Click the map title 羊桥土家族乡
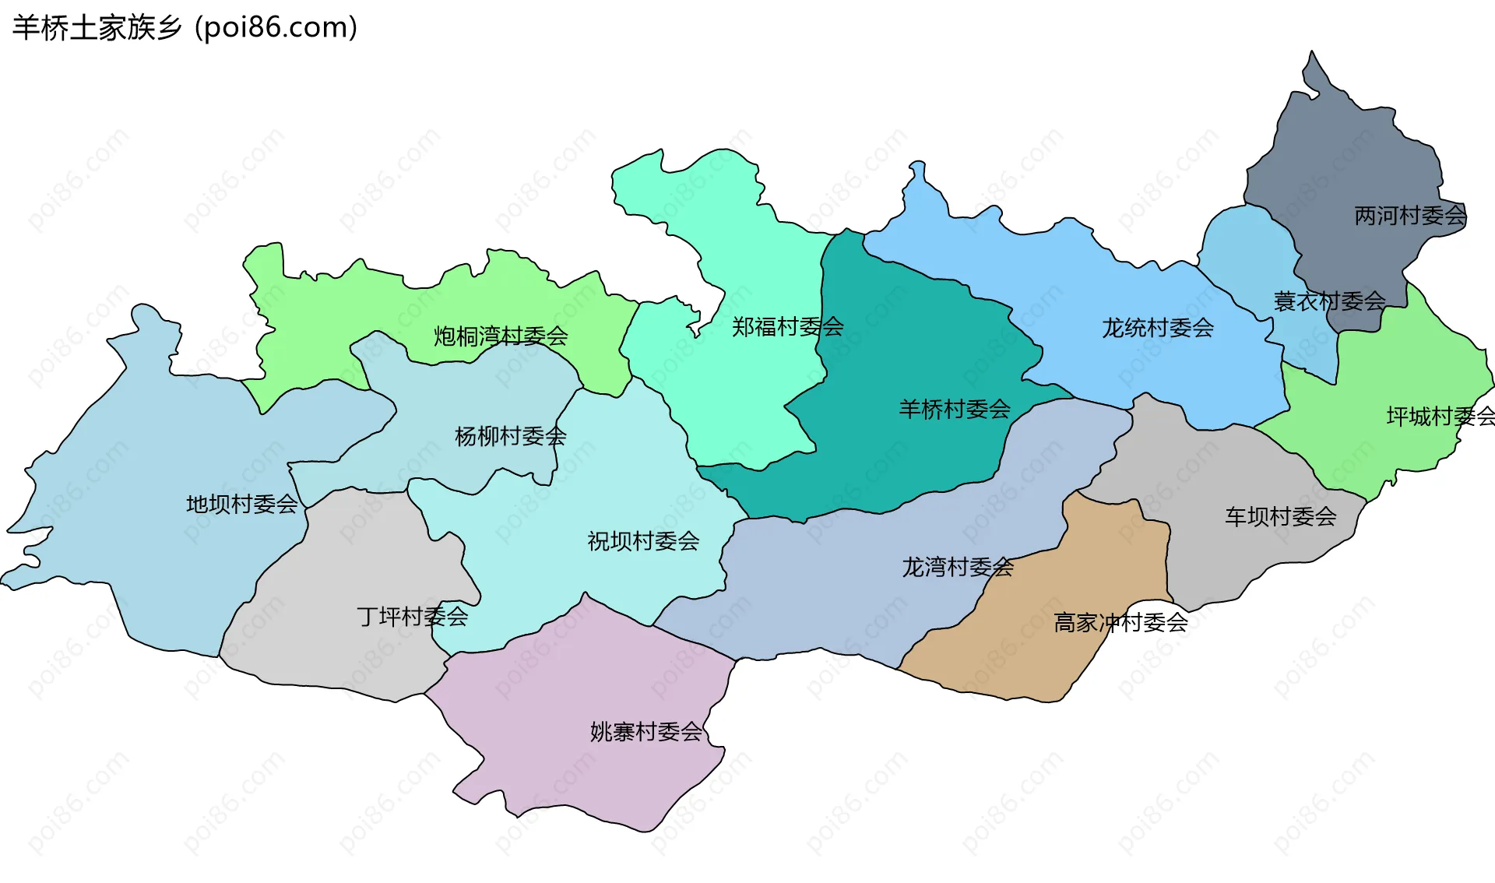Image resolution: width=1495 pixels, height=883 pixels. pyautogui.click(x=97, y=28)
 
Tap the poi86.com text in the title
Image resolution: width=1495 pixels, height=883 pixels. pyautogui.click(x=276, y=28)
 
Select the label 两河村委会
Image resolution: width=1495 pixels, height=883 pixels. pyautogui.click(x=1410, y=216)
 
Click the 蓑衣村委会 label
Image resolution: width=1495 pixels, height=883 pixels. pyautogui.click(x=1329, y=301)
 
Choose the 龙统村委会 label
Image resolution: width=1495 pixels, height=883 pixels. pyautogui.click(x=1158, y=328)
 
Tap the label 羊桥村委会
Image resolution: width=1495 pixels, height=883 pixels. pyautogui.click(x=955, y=409)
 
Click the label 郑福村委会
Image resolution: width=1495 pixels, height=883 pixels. pyautogui.click(x=788, y=327)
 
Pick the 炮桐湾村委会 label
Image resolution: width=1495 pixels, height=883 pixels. pyautogui.click(x=501, y=336)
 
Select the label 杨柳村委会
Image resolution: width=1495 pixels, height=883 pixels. pyautogui.click(x=510, y=436)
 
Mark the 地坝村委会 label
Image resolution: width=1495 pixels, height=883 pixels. pyautogui.click(x=241, y=505)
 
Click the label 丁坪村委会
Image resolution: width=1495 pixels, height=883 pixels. pyautogui.click(x=412, y=617)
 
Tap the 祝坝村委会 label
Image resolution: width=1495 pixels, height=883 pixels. pyautogui.click(x=643, y=541)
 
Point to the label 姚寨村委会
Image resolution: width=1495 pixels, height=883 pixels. pyautogui.click(x=645, y=732)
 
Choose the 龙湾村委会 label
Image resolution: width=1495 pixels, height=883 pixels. pyautogui.click(x=958, y=567)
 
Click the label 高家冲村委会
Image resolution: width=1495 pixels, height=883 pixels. pyautogui.click(x=1120, y=623)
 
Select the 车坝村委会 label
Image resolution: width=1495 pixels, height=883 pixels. pyautogui.click(x=1281, y=516)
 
